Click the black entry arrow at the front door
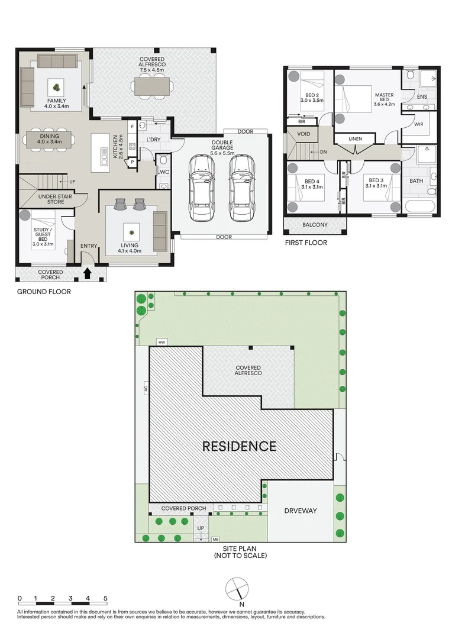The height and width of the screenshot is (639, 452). [87, 273]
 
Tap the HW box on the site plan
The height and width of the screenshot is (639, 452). [162, 343]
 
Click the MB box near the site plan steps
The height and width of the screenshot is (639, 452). [215, 540]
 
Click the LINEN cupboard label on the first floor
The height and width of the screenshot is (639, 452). [356, 139]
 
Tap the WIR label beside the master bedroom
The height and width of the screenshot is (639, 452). [419, 124]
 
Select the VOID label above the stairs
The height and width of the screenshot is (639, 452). [304, 134]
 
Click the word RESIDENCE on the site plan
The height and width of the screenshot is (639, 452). [240, 446]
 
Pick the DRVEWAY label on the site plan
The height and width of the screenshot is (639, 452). [301, 511]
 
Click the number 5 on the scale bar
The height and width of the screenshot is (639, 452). [105, 598]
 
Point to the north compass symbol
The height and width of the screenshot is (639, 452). [237, 589]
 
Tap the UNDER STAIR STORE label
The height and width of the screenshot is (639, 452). [55, 199]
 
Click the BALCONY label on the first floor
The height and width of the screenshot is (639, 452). [315, 225]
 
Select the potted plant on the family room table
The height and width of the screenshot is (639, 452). [56, 86]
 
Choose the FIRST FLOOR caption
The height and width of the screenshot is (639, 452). [306, 243]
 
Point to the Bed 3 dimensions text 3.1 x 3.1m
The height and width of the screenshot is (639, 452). [376, 186]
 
